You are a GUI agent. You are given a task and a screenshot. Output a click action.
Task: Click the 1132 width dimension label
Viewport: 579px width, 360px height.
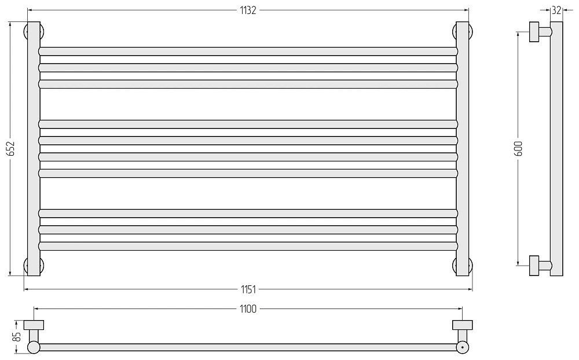click(248, 10)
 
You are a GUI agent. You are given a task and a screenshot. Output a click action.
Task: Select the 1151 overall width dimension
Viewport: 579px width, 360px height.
click(248, 289)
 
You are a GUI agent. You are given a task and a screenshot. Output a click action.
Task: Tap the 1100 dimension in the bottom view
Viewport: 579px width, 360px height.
click(248, 308)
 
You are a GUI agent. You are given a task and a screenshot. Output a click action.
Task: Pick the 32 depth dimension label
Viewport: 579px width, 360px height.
click(556, 10)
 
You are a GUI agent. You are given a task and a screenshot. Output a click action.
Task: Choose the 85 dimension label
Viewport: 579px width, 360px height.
click(17, 337)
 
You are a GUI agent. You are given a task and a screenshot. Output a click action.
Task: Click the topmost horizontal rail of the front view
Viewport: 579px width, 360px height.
click(248, 52)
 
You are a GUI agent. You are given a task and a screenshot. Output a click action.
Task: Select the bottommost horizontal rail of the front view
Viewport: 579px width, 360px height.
click(248, 246)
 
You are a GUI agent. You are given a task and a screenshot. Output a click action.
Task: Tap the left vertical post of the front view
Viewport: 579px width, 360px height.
click(34, 148)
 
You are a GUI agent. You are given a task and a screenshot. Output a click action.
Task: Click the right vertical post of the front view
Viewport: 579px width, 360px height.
click(462, 148)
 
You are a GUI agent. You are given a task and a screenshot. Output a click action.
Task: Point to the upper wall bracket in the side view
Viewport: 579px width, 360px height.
click(540, 32)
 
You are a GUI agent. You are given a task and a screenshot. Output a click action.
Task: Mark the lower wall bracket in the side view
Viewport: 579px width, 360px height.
click(540, 266)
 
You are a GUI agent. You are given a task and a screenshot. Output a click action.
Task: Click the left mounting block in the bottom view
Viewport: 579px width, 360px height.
click(34, 325)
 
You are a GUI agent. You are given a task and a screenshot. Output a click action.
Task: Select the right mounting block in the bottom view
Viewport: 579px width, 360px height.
click(462, 325)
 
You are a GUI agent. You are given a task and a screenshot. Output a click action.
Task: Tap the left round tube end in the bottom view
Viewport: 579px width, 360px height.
click(34, 347)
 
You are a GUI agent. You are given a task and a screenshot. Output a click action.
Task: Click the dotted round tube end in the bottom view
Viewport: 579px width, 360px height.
click(462, 347)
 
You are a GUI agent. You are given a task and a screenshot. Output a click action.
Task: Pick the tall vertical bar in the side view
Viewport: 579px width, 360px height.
click(556, 148)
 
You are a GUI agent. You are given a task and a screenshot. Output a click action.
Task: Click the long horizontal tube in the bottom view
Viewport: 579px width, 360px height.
click(248, 347)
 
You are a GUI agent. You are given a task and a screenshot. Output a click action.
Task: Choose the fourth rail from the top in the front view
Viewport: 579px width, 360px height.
click(248, 124)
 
